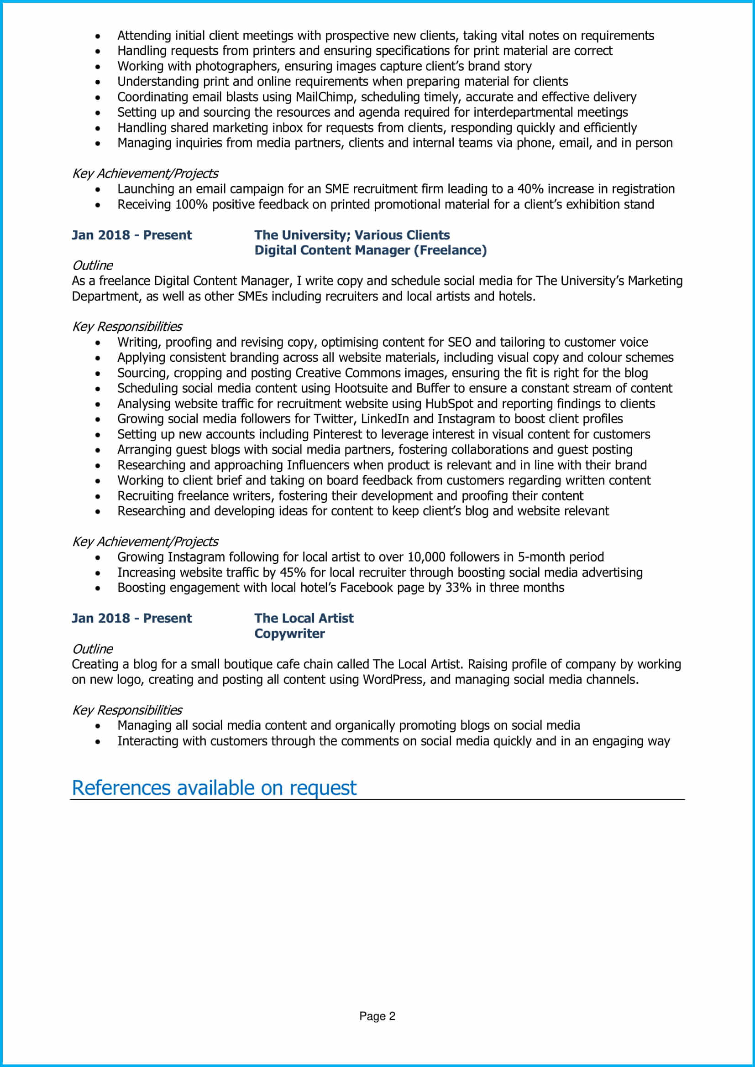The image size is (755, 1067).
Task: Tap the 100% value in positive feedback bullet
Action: [x=191, y=204]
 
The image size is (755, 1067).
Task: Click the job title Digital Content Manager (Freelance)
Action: [x=370, y=250]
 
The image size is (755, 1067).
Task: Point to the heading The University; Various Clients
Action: [x=351, y=235]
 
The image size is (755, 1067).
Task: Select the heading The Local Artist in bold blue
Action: [x=304, y=619]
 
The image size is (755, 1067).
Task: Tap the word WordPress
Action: [x=393, y=680]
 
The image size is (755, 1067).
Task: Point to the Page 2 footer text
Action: [x=377, y=1016]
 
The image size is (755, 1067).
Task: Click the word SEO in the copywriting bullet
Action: [x=459, y=343]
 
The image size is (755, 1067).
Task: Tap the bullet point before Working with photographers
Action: [x=98, y=67]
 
